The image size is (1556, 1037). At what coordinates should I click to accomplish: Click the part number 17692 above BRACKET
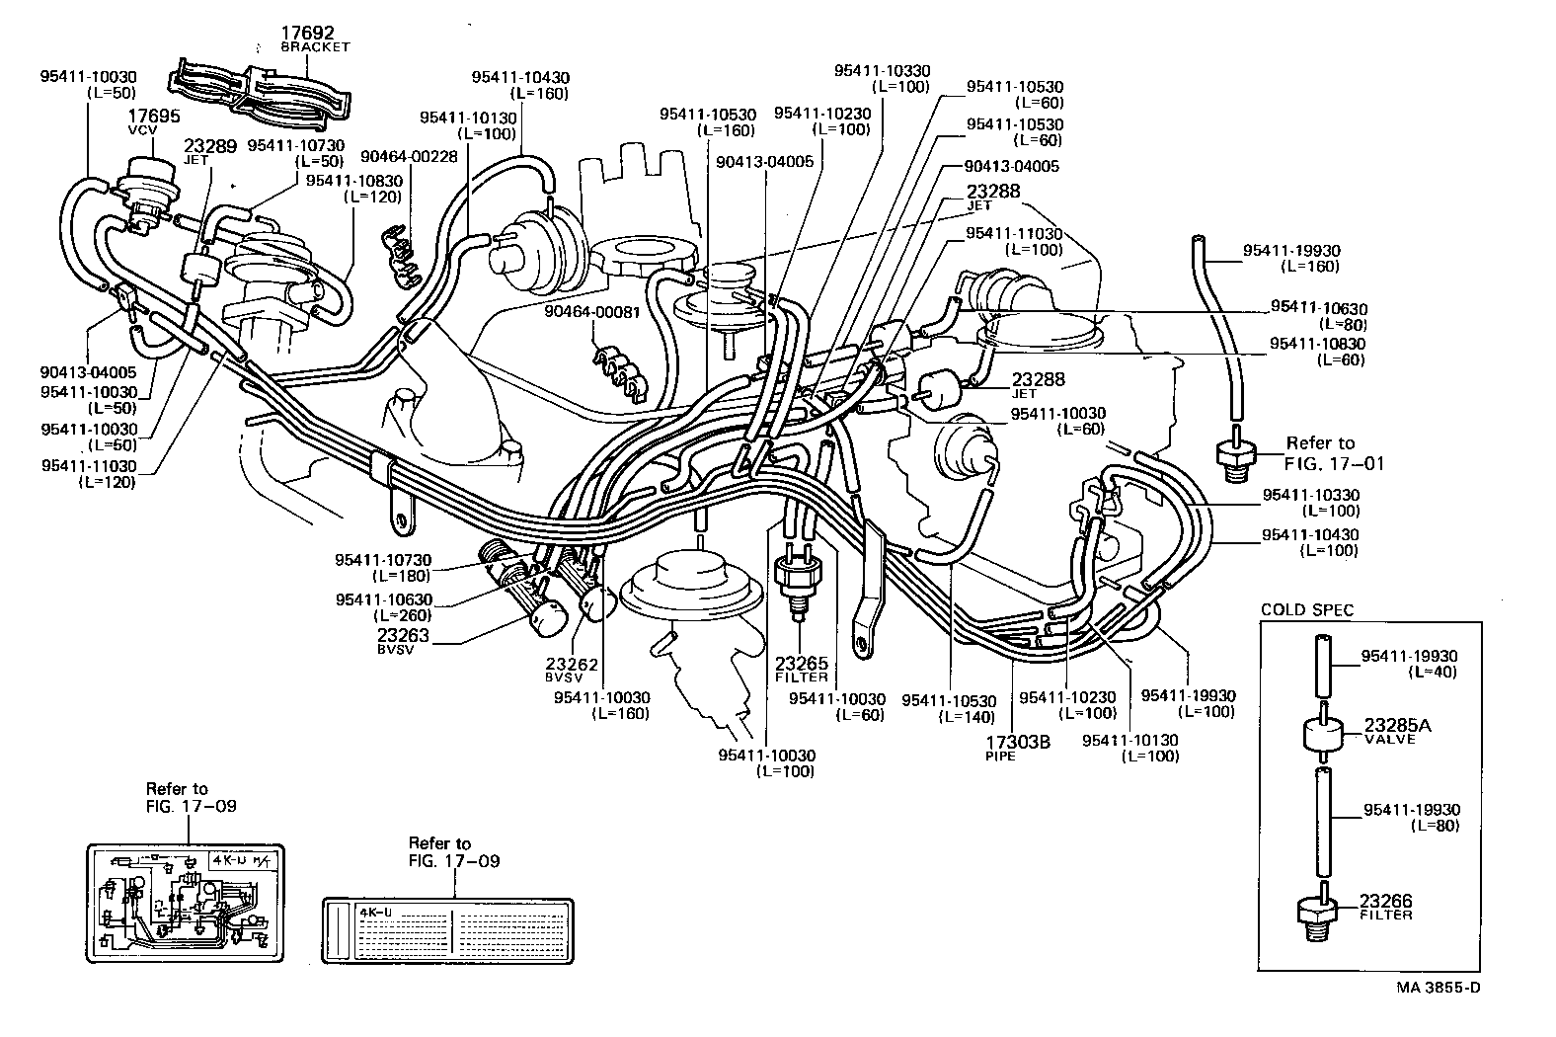click(307, 33)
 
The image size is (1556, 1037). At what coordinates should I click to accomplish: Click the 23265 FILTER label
click(802, 669)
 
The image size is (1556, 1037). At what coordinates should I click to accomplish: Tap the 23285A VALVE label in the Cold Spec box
click(1397, 730)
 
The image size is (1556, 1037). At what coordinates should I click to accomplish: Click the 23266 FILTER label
click(1385, 906)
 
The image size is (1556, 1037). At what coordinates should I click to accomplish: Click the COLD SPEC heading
click(1307, 610)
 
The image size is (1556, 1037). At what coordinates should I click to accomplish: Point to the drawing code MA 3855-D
click(1439, 988)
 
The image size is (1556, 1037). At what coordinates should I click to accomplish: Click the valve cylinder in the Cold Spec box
click(1320, 735)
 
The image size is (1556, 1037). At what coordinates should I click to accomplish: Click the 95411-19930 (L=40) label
click(1409, 663)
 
